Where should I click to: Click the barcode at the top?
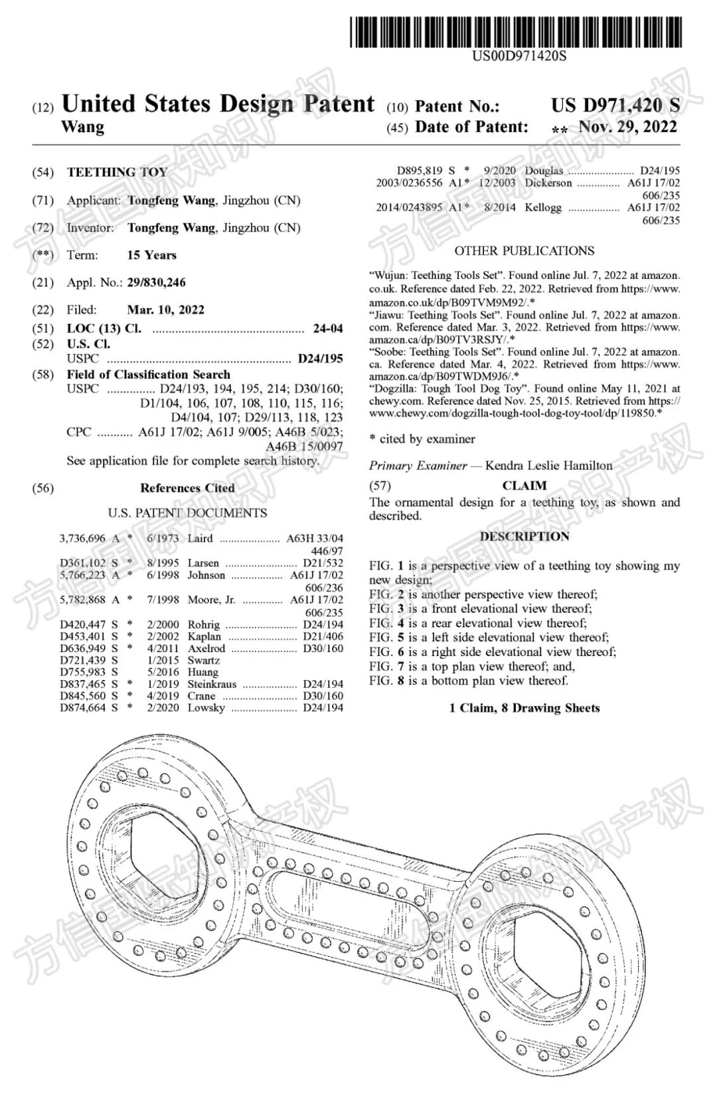click(x=516, y=32)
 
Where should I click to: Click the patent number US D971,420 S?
click(x=615, y=105)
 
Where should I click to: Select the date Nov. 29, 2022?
click(x=627, y=127)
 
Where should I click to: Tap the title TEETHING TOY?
click(x=117, y=173)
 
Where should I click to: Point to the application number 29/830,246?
click(x=156, y=282)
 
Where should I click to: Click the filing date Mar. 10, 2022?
click(x=165, y=309)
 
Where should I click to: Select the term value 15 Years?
click(x=151, y=255)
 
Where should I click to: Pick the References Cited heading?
click(x=187, y=488)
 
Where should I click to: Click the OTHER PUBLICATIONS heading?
click(x=524, y=251)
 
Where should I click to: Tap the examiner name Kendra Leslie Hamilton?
click(x=548, y=466)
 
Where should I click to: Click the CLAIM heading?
click(x=524, y=485)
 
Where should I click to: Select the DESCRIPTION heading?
click(x=524, y=537)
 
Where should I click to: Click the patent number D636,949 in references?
click(x=82, y=648)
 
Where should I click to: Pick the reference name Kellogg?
click(x=542, y=207)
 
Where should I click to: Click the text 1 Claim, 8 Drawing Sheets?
click(x=524, y=708)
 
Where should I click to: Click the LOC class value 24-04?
click(x=328, y=329)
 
